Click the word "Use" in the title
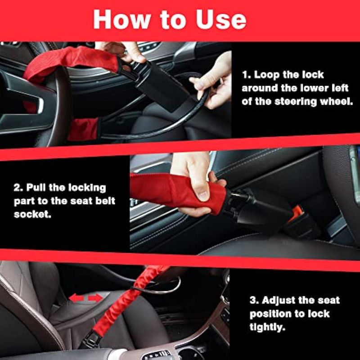221,19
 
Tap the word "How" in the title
122,19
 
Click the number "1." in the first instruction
246,75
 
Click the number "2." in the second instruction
18,188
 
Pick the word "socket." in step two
32,214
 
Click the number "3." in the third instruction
254,300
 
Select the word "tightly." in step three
267,327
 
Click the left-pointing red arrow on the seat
76,298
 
